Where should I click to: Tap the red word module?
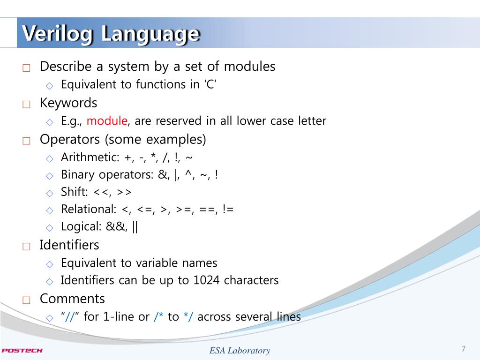click(x=107, y=121)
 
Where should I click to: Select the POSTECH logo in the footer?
click(x=22, y=350)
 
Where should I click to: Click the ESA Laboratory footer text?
click(x=240, y=351)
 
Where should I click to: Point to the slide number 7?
click(x=464, y=349)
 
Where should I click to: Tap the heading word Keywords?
click(x=68, y=103)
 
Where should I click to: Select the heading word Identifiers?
click(x=69, y=245)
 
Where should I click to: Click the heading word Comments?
click(x=72, y=299)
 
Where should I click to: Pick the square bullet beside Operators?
click(x=26, y=141)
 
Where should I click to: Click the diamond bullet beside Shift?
click(x=50, y=193)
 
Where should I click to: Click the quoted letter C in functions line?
click(x=210, y=85)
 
